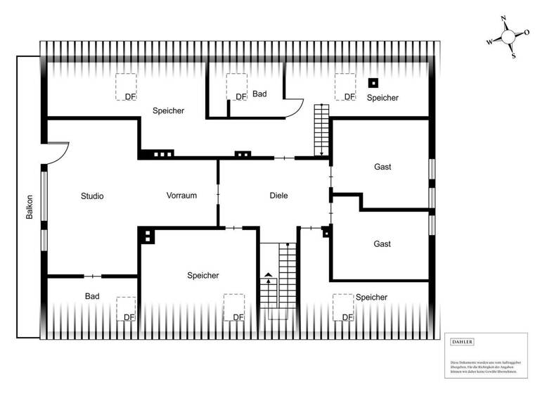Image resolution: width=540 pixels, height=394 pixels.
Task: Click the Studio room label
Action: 92,196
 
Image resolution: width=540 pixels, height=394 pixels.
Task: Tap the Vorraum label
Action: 181,196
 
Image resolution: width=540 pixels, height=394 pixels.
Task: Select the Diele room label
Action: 279,196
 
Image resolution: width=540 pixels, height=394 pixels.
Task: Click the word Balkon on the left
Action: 30,207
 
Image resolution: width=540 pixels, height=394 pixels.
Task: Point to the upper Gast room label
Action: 382,167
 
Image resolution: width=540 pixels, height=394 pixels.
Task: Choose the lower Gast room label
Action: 382,244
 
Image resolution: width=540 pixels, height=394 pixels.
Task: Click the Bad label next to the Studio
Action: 92,297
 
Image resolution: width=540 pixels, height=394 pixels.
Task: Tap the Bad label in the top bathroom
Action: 260,94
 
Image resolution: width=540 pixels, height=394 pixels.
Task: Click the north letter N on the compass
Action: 503,19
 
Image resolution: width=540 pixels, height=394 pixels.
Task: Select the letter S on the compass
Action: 513,56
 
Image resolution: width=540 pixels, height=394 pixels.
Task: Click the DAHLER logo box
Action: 463,342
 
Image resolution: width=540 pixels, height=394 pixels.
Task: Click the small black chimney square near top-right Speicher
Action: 373,82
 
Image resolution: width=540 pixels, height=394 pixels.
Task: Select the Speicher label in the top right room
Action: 382,98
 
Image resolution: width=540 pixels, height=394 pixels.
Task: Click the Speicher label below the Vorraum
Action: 203,276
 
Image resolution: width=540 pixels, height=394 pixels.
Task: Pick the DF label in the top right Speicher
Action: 349,96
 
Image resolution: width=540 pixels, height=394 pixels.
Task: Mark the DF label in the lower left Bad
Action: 129,317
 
